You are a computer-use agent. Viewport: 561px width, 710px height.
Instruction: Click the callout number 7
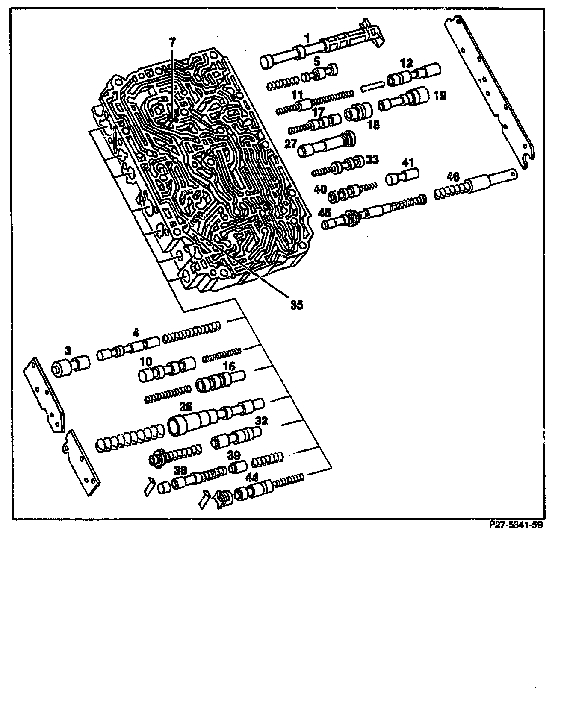pos(171,42)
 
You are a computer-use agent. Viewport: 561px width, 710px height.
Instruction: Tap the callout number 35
pos(296,305)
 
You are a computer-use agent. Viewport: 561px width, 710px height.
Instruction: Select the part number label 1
pos(307,39)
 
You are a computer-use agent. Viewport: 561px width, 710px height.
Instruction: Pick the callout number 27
pos(291,144)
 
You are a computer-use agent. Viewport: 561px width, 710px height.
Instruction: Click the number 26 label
pos(186,407)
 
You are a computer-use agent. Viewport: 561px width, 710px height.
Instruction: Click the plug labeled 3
pos(71,367)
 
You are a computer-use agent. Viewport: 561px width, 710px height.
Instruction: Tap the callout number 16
pos(229,367)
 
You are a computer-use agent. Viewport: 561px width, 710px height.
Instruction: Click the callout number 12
pos(406,64)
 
